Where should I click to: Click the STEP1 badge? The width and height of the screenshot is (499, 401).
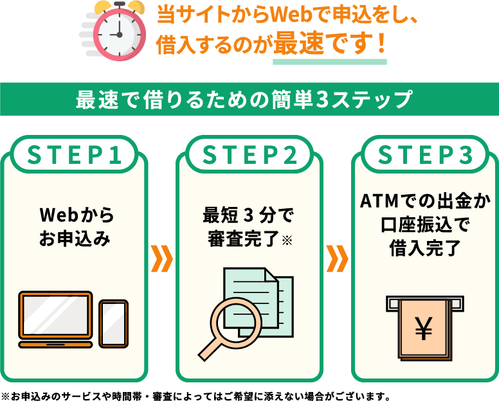pos(74,156)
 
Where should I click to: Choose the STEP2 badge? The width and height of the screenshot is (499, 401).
pos(250,156)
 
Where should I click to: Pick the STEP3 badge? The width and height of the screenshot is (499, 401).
pos(424,156)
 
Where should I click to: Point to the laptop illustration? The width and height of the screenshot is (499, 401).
pos(55,320)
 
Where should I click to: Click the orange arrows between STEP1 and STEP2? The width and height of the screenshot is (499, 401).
pos(161,257)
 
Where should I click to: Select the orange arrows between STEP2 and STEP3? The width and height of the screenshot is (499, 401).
pos(337,257)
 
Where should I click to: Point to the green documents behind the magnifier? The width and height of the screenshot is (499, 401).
pos(257,289)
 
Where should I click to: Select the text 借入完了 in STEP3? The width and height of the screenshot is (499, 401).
pos(424,249)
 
